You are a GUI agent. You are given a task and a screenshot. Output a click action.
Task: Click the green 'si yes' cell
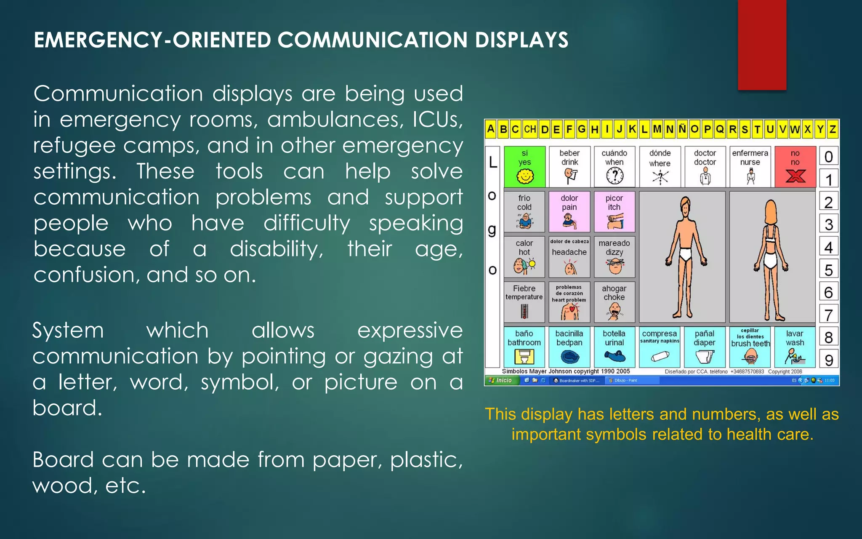pyautogui.click(x=524, y=167)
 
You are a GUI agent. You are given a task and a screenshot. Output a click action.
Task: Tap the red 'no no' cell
pyautogui.click(x=795, y=167)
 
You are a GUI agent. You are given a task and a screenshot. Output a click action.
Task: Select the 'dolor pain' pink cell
pyautogui.click(x=569, y=212)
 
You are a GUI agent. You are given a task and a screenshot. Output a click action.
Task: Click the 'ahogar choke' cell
pyautogui.click(x=614, y=302)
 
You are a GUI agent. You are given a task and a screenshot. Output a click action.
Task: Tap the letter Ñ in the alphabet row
pyautogui.click(x=682, y=129)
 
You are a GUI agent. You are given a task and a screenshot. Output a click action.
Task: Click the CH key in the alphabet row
pyautogui.click(x=530, y=129)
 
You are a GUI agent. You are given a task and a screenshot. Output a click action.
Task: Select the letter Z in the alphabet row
pyautogui.click(x=832, y=129)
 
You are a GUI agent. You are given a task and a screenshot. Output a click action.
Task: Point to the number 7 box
pyautogui.click(x=828, y=315)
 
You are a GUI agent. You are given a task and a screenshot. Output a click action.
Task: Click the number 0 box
pyautogui.click(x=828, y=157)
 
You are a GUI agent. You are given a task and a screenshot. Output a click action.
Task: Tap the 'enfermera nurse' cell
pyautogui.click(x=750, y=167)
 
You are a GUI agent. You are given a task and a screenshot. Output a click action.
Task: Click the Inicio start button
pyautogui.click(x=501, y=380)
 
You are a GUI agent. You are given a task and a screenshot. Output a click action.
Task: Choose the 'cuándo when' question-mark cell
pyautogui.click(x=615, y=167)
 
